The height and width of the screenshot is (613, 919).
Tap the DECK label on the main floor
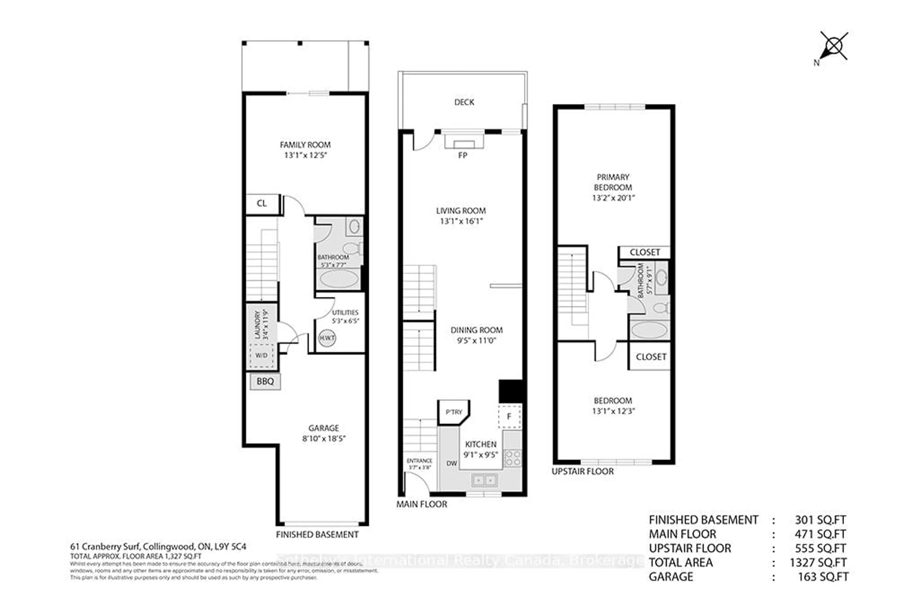[x=464, y=102]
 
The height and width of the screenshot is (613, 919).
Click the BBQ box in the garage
[x=265, y=381]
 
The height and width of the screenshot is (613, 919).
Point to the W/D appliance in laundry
[x=261, y=355]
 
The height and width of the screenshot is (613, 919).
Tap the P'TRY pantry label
[x=454, y=412]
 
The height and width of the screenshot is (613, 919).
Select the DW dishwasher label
[x=452, y=463]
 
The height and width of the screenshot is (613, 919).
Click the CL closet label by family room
[x=262, y=203]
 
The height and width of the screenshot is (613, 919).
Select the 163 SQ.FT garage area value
[x=823, y=577]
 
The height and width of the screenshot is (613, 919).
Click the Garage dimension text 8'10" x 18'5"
[x=324, y=438]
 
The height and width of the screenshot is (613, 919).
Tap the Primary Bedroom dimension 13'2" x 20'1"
[x=613, y=198]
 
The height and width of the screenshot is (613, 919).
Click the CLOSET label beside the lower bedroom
[x=651, y=357]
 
